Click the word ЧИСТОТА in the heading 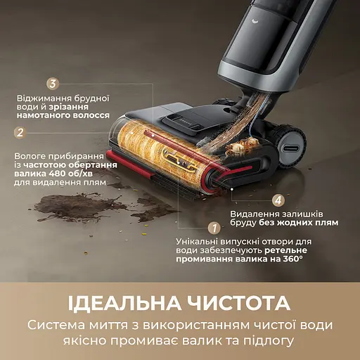[242, 303]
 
